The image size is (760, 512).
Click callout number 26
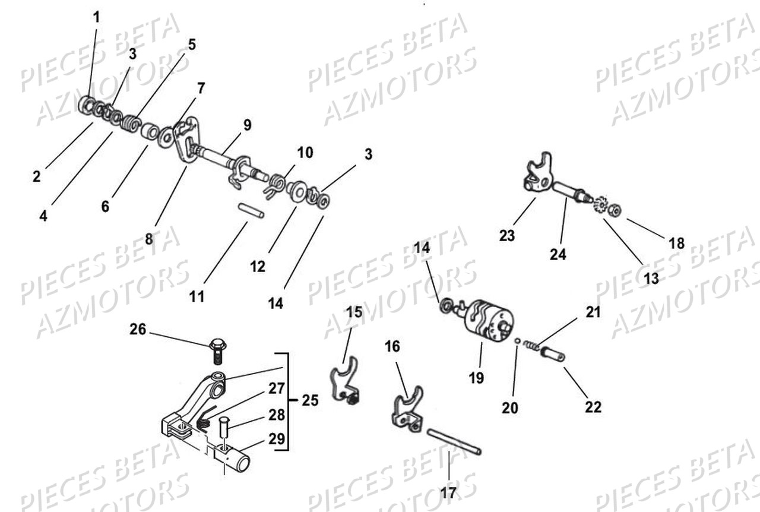(x=138, y=329)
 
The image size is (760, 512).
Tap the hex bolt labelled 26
(x=217, y=350)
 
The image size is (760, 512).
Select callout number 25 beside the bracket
(x=309, y=400)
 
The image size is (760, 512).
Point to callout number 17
(x=449, y=492)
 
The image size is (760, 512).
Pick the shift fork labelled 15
(x=344, y=380)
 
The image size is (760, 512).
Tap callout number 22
(x=593, y=407)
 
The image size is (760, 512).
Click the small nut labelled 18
(x=616, y=210)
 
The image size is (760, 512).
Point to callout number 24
(x=558, y=254)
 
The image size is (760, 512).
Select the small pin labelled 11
(x=251, y=211)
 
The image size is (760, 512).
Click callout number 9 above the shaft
(x=246, y=125)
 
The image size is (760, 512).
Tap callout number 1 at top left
(x=96, y=17)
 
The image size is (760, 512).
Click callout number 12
(x=257, y=267)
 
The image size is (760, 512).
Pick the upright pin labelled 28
(x=224, y=426)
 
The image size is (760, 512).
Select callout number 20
(x=510, y=407)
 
